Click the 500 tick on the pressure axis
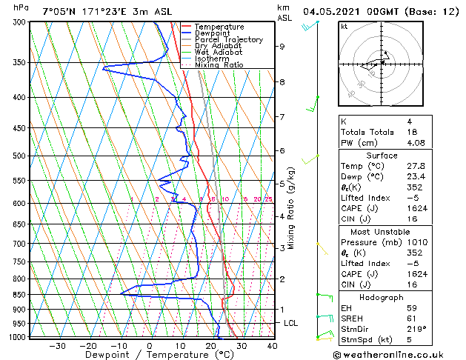(x=18, y=156)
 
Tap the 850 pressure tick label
(x=18, y=294)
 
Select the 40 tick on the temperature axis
(x=272, y=345)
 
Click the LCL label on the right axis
(x=291, y=324)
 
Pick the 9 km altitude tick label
(x=282, y=46)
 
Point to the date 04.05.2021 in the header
(x=333, y=11)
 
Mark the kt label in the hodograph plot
(x=344, y=27)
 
